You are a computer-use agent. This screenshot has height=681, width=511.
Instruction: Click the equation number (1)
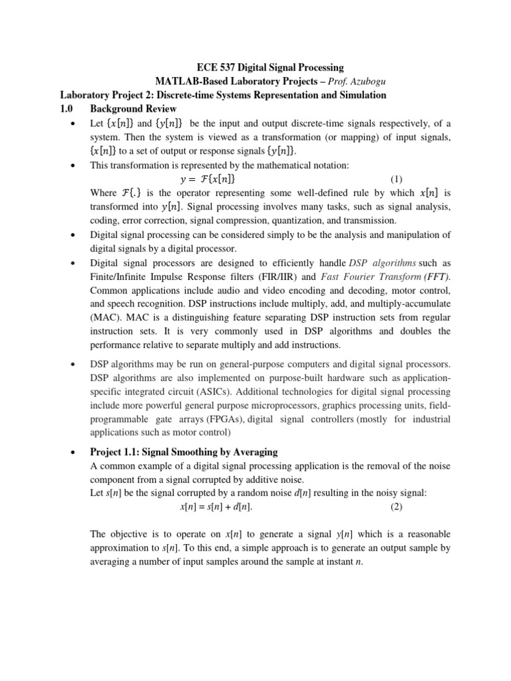[x=397, y=179]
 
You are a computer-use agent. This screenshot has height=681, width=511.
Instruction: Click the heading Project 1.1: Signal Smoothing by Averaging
[x=183, y=452]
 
